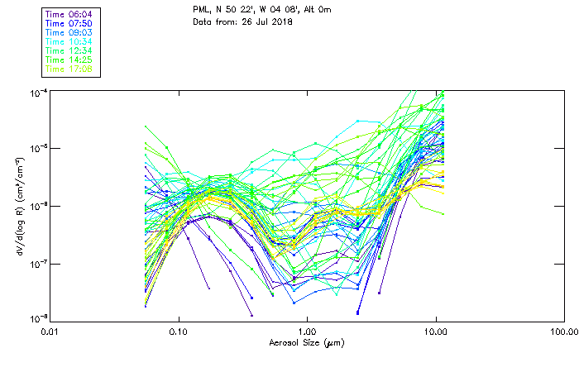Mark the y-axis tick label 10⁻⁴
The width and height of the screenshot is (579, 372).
36,91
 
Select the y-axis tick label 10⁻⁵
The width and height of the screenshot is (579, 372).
36,148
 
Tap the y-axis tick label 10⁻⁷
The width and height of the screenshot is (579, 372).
36,263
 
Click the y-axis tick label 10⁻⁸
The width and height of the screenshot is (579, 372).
36,318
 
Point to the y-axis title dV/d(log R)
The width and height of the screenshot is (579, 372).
17,204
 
